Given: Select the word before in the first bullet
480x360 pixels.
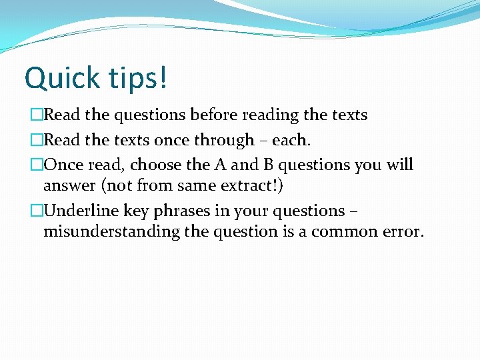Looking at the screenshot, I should [214, 115].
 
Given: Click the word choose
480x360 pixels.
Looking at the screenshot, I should [157, 165].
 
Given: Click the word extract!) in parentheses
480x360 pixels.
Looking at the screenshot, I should [256, 186].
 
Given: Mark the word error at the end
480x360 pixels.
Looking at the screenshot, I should [402, 233].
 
